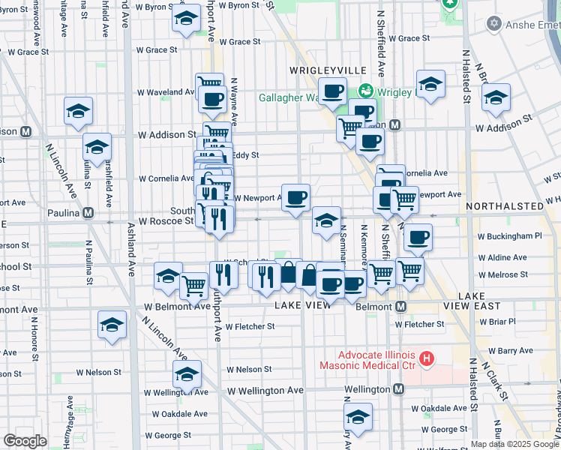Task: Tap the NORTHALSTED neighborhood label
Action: point(503,205)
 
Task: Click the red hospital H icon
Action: point(427,359)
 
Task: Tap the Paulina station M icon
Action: point(88,213)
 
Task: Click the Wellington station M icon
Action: point(399,389)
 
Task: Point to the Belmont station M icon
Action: point(401,307)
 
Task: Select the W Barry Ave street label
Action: point(514,350)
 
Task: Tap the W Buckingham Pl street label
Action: point(506,235)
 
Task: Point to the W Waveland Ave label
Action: point(166,92)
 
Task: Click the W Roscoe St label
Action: point(166,222)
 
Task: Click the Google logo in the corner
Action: point(25,441)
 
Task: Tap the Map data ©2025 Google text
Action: point(514,444)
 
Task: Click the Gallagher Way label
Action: point(289,97)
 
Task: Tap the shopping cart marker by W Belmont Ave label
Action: point(193,284)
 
